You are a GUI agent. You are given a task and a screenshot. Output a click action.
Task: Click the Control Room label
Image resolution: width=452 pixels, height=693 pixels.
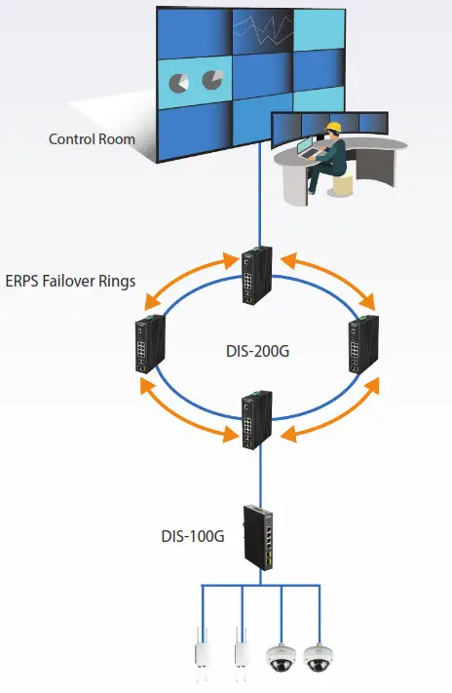[92, 139]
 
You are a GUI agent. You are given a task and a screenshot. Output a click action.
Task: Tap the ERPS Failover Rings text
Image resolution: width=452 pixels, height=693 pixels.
[69, 282]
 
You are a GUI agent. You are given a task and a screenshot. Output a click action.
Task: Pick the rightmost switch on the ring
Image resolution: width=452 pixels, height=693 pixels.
[364, 343]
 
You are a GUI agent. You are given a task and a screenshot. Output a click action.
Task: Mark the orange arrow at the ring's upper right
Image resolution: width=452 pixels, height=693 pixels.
[328, 278]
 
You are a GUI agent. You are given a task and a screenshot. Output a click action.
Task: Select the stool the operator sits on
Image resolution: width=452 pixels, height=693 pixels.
[342, 184]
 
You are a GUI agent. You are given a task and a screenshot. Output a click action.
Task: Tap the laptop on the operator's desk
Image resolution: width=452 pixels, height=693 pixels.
[304, 148]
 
